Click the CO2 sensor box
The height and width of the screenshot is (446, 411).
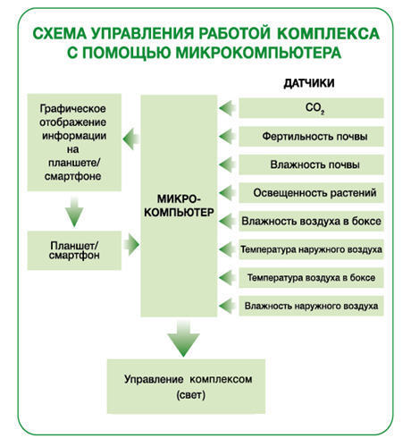click(x=311, y=108)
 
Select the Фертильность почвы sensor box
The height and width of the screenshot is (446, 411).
click(x=311, y=137)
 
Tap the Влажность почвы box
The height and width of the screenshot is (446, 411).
click(x=311, y=164)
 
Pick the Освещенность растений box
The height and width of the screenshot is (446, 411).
click(x=311, y=193)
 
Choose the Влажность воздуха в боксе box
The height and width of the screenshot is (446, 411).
click(x=311, y=221)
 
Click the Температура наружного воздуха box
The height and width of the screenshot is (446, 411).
click(x=311, y=249)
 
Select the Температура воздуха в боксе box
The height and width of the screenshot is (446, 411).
click(x=311, y=278)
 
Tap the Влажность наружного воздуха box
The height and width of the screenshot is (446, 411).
click(x=311, y=306)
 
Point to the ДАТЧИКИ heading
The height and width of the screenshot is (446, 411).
click(x=309, y=83)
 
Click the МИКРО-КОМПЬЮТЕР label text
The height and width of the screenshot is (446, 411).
click(x=179, y=206)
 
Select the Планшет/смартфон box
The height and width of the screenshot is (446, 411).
click(x=74, y=250)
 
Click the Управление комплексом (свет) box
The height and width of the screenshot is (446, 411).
click(x=186, y=386)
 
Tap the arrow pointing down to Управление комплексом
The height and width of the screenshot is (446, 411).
click(x=183, y=339)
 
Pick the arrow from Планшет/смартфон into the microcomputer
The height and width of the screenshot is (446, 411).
click(x=131, y=245)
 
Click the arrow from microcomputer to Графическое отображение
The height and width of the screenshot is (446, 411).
click(x=131, y=139)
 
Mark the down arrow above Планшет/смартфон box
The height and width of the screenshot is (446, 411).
click(x=74, y=212)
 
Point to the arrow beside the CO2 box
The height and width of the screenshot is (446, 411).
click(x=227, y=108)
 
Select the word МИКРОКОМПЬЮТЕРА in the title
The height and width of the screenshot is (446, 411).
click(x=258, y=53)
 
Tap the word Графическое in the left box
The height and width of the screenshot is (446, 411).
click(x=72, y=109)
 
